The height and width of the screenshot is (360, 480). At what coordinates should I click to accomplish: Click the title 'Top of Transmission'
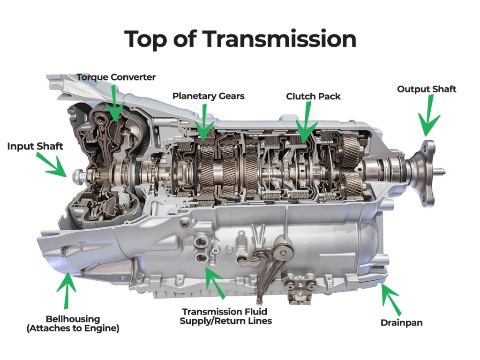[x=240, y=39]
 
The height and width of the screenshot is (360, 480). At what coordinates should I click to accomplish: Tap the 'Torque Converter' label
[x=116, y=77]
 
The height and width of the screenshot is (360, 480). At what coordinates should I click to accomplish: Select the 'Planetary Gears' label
[x=208, y=96]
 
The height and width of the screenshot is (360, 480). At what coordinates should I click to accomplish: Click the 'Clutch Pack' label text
[x=313, y=96]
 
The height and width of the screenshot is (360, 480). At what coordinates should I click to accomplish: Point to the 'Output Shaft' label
[x=427, y=89]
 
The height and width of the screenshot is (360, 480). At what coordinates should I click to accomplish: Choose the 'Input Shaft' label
[x=35, y=146]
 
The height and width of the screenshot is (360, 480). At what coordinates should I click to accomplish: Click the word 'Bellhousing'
[x=73, y=319]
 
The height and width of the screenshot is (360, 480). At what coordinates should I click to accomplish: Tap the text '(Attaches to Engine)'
[x=73, y=329]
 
